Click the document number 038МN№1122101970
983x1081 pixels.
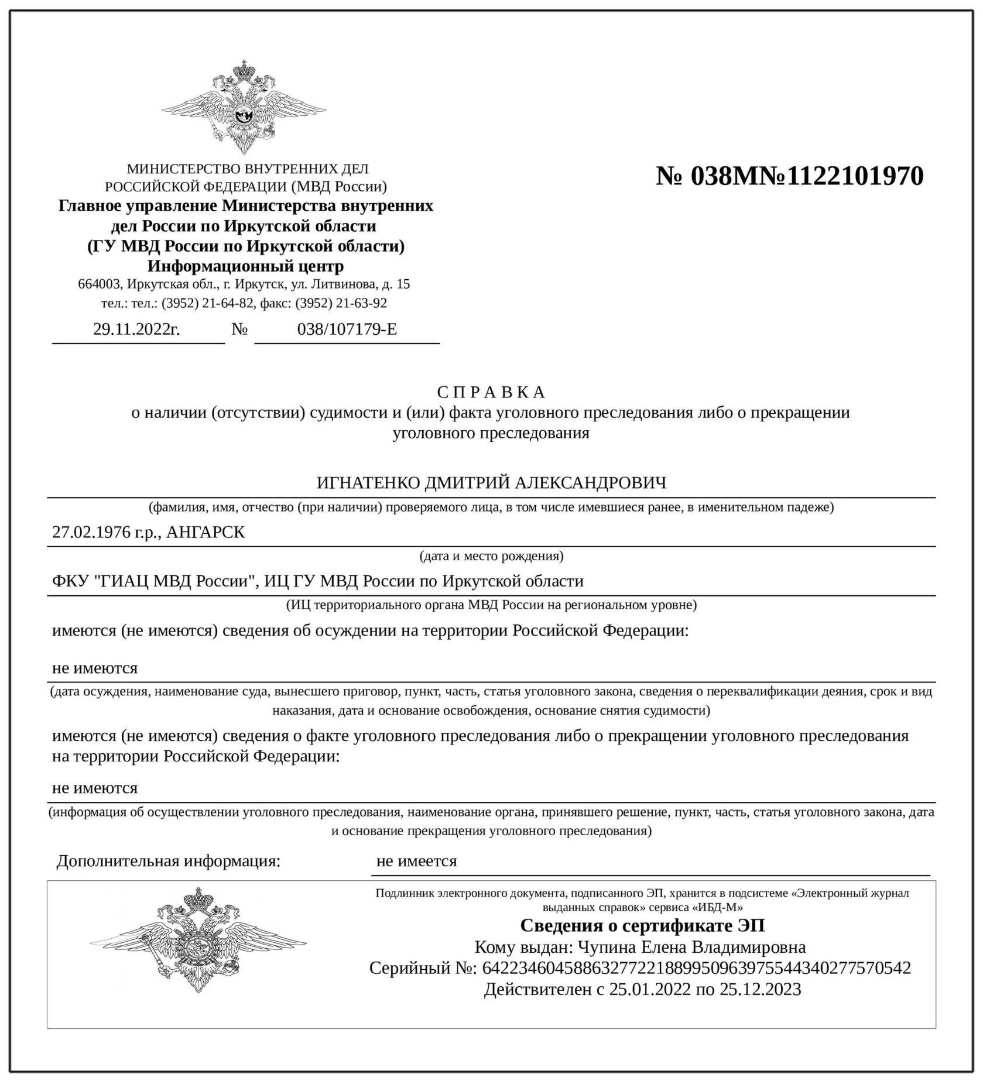(790, 176)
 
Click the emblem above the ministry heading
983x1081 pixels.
(244, 107)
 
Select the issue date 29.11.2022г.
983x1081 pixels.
(136, 329)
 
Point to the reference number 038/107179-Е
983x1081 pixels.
(347, 329)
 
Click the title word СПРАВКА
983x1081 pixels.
(491, 392)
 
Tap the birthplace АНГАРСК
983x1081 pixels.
(206, 532)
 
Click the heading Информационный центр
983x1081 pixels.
(245, 266)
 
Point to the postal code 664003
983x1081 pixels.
(100, 285)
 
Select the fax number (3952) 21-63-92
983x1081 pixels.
(341, 303)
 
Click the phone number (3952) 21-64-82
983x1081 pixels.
(207, 303)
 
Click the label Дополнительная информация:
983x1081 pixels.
(169, 861)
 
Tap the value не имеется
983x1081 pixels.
(416, 861)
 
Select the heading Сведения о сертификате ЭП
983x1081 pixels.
(642, 925)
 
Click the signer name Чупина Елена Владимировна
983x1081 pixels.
(691, 947)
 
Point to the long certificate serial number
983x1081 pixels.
(696, 968)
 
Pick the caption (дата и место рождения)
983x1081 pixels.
(491, 555)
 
